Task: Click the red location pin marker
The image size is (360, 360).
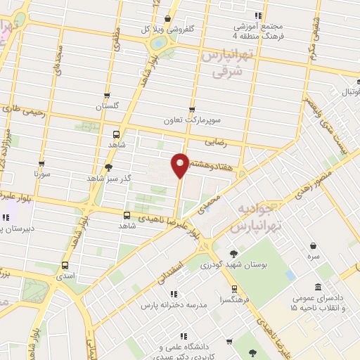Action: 180,165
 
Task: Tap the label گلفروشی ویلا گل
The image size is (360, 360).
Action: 165,30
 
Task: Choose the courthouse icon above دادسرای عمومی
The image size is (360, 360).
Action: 319,287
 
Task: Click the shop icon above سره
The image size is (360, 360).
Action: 313,245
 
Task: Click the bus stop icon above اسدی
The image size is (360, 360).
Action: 65,266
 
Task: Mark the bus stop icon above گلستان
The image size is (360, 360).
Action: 106,96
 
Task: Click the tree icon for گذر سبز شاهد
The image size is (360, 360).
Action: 108,167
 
